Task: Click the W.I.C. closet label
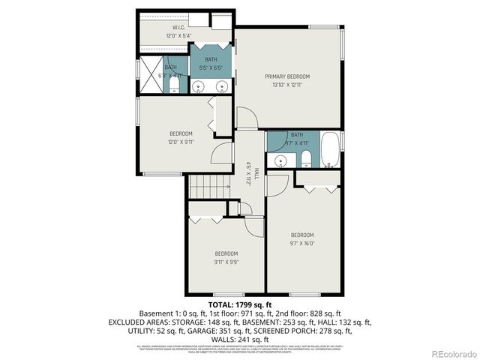[x=179, y=28]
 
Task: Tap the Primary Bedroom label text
[x=286, y=76]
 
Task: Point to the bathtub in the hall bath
[x=329, y=150]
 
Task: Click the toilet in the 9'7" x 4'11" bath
[x=306, y=158]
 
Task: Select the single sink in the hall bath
[x=280, y=160]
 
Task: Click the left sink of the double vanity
[x=199, y=86]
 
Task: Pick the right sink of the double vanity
[x=221, y=86]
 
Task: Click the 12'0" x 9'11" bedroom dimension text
[x=181, y=142]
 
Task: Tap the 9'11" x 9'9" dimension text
[x=226, y=262]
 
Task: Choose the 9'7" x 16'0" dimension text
[x=302, y=242]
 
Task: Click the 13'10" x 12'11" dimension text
[x=287, y=85]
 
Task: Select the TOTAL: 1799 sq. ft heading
[x=240, y=305]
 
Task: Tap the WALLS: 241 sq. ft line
[x=240, y=339]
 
